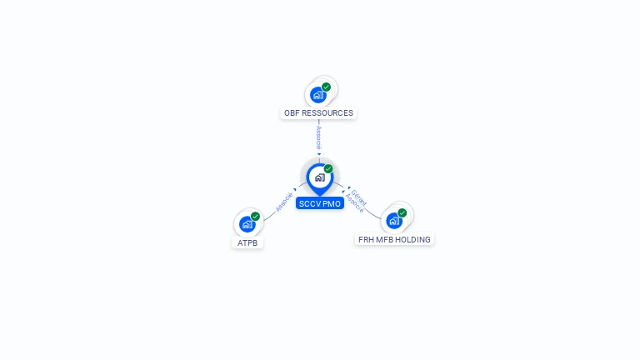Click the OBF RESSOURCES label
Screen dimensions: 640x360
[318, 113]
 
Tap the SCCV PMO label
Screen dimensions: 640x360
[319, 203]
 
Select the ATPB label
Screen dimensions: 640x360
[247, 243]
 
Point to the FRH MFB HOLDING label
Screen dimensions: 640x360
[394, 240]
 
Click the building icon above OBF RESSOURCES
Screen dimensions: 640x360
[317, 95]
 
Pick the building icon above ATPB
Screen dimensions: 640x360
[247, 224]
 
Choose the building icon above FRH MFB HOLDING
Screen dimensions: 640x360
[394, 221]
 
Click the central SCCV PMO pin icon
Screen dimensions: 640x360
[319, 177]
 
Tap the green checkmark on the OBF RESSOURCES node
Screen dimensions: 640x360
[327, 87]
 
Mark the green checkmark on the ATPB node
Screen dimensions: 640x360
[256, 217]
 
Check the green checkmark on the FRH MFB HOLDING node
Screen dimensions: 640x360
[402, 213]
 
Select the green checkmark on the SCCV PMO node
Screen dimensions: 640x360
[328, 169]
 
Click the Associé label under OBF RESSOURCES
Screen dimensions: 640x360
[319, 137]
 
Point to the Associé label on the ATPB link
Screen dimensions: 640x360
[284, 202]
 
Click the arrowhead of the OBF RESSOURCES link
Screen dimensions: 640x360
[319, 154]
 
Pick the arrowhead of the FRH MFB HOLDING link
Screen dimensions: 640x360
[347, 190]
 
